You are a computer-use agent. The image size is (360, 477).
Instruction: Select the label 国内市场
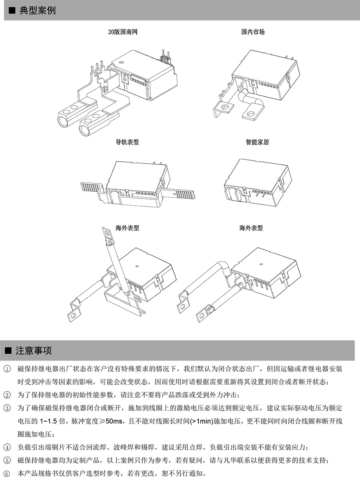[253, 32]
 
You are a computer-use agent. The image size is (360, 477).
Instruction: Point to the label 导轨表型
[127, 142]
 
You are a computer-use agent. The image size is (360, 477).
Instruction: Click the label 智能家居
[257, 142]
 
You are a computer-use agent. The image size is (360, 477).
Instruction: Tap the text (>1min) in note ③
[203, 421]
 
